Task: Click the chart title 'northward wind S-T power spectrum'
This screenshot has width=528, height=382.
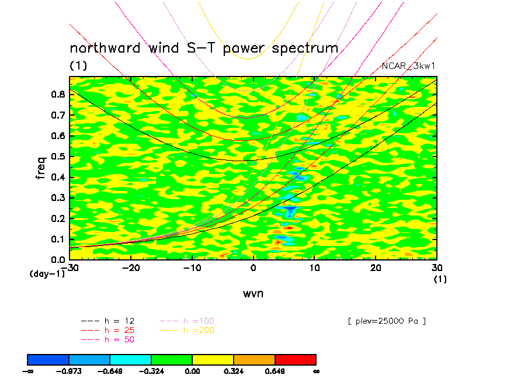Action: pyautogui.click(x=204, y=48)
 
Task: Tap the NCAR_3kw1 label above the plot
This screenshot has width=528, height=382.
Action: pyautogui.click(x=408, y=66)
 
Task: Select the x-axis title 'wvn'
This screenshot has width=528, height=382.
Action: pyautogui.click(x=253, y=294)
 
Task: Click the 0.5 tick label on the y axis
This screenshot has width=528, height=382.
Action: pyautogui.click(x=58, y=157)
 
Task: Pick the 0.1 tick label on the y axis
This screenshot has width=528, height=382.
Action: pyautogui.click(x=58, y=239)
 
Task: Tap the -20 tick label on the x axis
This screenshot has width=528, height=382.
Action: pyautogui.click(x=130, y=268)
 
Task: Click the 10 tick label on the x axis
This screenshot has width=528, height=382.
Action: pyautogui.click(x=314, y=268)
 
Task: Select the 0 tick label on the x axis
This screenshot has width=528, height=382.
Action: pyautogui.click(x=253, y=268)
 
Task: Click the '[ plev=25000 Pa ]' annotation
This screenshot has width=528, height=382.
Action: pyautogui.click(x=386, y=321)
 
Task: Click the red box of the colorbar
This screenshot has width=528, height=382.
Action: pyautogui.click(x=296, y=359)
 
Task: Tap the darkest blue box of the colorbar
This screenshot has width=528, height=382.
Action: pyautogui.click(x=48, y=359)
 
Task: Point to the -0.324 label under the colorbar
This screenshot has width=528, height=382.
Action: pyautogui.click(x=151, y=371)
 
